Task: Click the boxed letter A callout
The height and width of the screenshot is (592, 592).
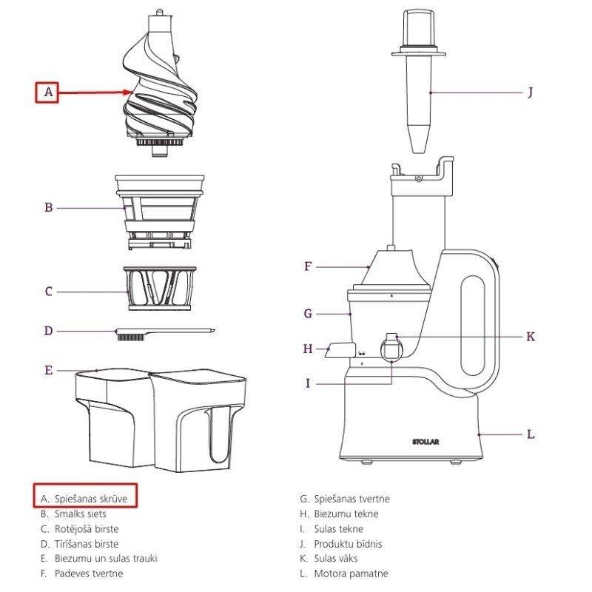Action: (x=47, y=92)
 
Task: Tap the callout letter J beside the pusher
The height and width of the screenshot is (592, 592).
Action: (x=531, y=92)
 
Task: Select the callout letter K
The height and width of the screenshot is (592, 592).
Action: (x=531, y=337)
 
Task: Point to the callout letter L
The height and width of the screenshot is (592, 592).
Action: (x=531, y=434)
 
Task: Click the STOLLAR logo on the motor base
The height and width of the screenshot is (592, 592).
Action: (x=425, y=442)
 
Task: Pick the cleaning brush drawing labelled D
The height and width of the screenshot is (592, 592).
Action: (x=165, y=334)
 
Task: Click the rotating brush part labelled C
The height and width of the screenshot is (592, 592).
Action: (x=160, y=289)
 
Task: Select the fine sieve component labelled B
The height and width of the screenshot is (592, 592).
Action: (x=160, y=212)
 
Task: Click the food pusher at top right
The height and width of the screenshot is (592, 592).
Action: (x=418, y=81)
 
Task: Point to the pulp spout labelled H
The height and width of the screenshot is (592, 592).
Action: (x=340, y=350)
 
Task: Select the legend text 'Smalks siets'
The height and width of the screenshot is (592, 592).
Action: (x=81, y=514)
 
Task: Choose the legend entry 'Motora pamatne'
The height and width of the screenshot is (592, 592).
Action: (x=351, y=573)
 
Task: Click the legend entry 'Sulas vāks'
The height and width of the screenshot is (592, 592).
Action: (x=336, y=559)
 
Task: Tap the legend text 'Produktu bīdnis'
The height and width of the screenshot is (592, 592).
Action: (x=348, y=544)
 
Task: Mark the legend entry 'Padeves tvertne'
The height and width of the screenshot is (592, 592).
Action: (x=89, y=573)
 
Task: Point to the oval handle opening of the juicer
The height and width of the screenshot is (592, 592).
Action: (x=473, y=326)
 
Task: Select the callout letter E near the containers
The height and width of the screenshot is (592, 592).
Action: (x=48, y=371)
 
